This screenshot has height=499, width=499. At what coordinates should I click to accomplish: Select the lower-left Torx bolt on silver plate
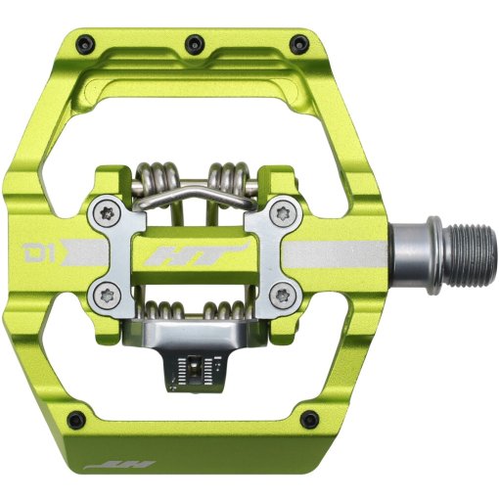(104, 289)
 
